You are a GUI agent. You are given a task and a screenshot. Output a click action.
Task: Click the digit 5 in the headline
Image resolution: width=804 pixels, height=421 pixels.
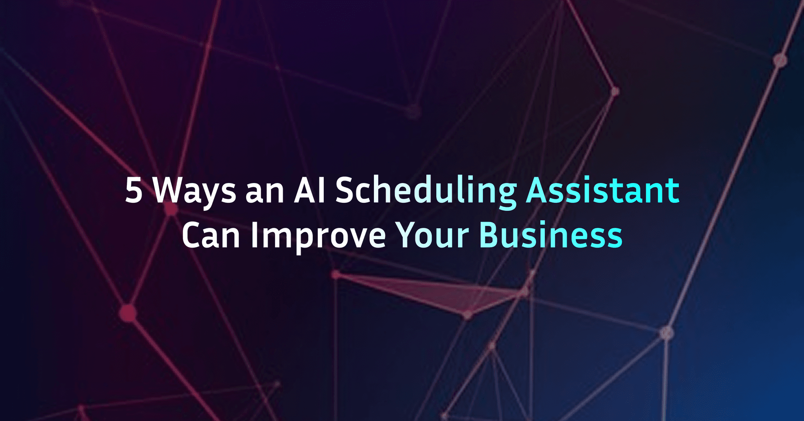134,191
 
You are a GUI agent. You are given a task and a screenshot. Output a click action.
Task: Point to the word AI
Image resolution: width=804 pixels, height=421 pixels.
309,191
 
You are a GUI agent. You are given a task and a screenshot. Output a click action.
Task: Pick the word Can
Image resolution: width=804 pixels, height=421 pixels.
211,236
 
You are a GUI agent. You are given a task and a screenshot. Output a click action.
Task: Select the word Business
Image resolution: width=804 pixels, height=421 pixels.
551,236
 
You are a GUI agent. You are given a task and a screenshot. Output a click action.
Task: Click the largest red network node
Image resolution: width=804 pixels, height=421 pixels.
128,313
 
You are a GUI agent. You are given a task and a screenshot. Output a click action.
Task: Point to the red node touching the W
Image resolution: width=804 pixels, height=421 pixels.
170,208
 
